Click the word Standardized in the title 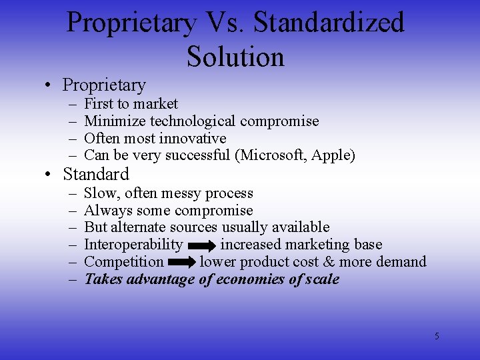[329, 23]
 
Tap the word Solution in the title [235, 56]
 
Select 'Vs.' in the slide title [225, 23]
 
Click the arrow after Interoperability [201, 245]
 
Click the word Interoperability [133, 245]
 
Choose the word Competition [124, 262]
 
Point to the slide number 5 [437, 336]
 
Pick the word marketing [317, 245]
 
